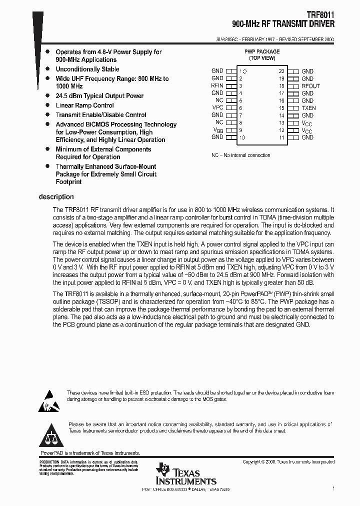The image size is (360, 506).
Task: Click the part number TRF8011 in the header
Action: point(321,15)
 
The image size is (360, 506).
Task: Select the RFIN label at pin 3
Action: point(217,86)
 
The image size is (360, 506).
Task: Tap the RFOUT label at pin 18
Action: point(310,86)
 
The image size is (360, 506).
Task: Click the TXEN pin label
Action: point(308,108)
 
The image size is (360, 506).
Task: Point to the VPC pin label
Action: point(217,108)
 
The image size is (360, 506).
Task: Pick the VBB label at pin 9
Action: point(217,130)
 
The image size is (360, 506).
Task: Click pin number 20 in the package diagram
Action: point(281,71)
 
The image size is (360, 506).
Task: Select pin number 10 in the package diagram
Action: point(242,137)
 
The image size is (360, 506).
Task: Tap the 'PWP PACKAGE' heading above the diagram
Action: point(261,51)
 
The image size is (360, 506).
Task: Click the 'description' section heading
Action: point(56,197)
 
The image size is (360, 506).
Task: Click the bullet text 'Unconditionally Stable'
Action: point(87,69)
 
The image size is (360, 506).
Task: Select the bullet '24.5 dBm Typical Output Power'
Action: point(99,96)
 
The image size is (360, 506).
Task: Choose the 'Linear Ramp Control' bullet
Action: point(84,105)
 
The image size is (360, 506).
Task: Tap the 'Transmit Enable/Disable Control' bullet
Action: point(100,115)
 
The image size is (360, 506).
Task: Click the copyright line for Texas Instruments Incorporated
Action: point(288,462)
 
